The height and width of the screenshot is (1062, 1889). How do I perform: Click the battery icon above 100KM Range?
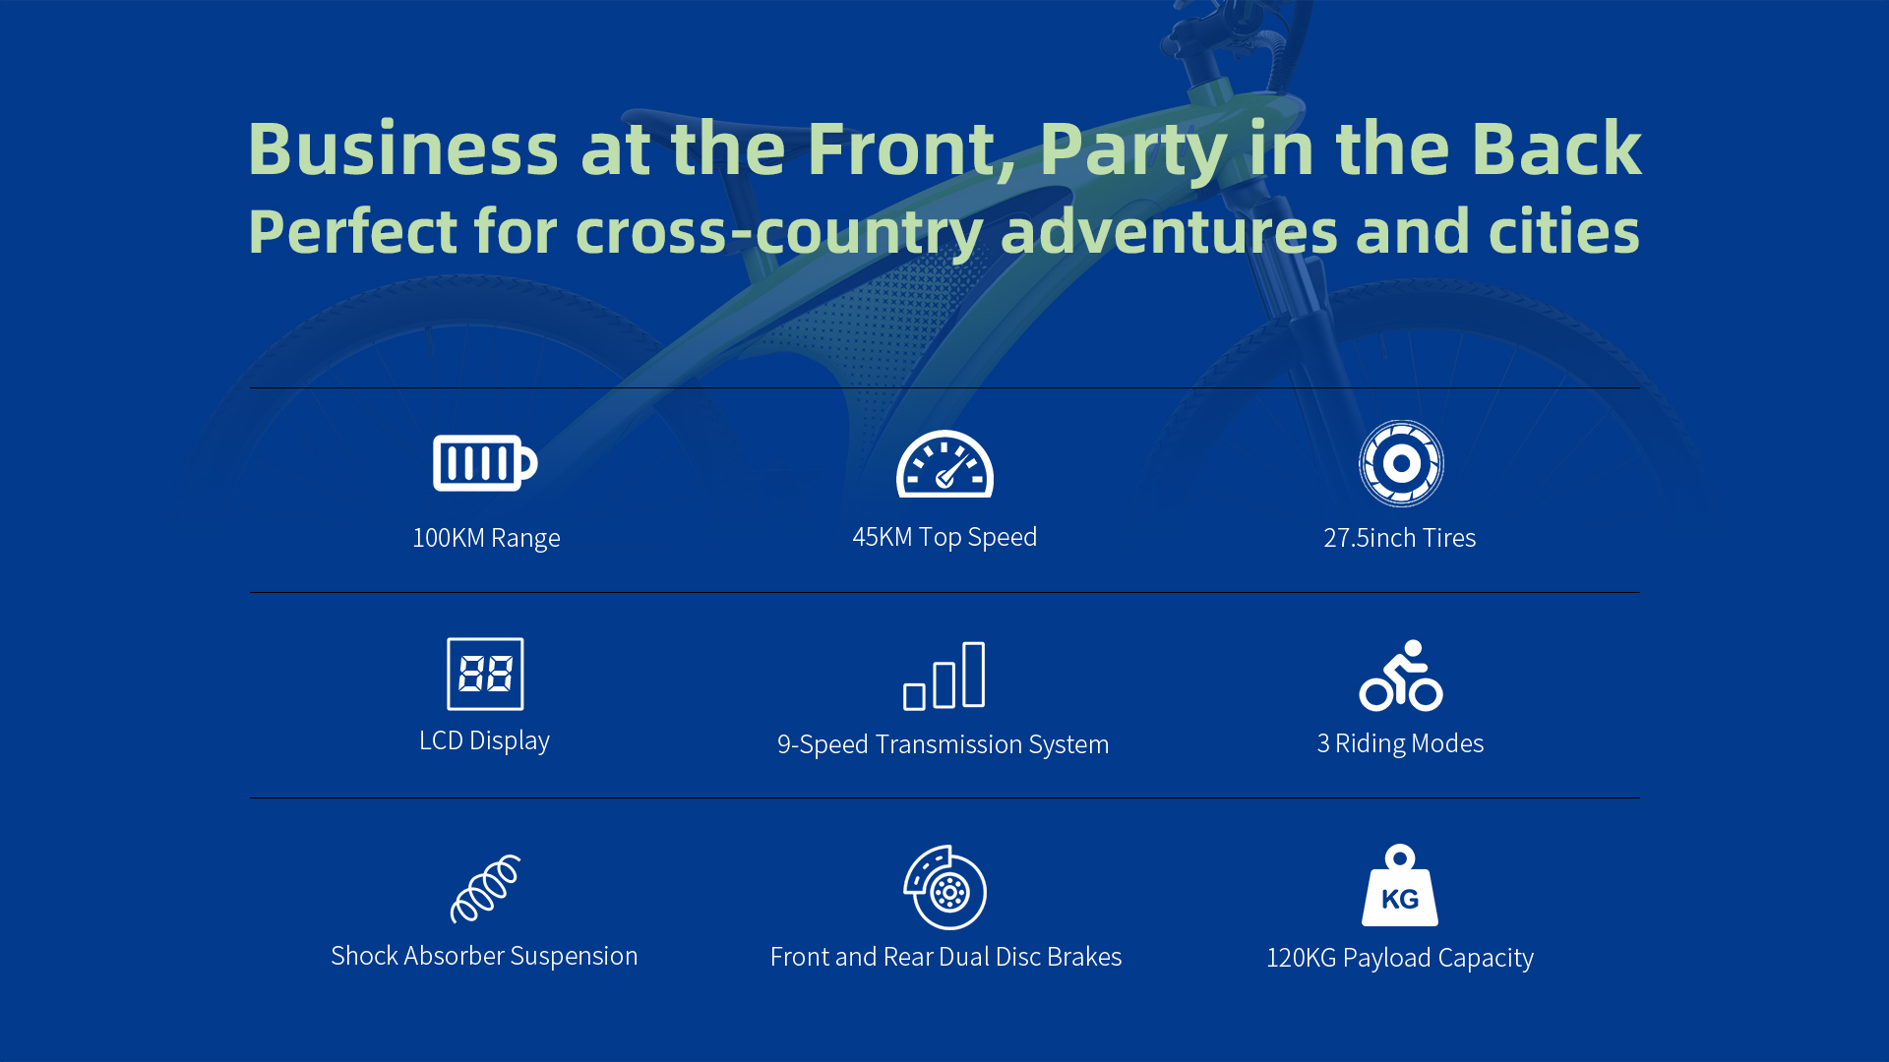[x=485, y=463]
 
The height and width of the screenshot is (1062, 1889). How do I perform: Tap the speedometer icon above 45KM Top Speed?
[x=944, y=463]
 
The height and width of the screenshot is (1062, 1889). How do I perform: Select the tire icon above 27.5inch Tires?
[x=1401, y=463]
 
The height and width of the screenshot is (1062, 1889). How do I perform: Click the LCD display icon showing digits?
[x=485, y=674]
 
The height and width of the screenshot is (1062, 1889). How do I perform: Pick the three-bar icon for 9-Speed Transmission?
[x=944, y=676]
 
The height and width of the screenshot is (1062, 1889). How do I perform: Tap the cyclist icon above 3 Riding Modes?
[x=1401, y=676]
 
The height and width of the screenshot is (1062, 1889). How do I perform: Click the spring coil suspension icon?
[x=485, y=889]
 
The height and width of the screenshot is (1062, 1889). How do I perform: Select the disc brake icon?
[x=945, y=887]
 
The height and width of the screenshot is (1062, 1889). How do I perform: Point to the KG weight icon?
[x=1400, y=885]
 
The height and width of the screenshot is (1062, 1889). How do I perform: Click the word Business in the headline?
[x=403, y=148]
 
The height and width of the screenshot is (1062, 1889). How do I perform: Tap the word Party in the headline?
[x=1133, y=149]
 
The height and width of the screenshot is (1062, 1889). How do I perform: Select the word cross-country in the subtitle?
[x=779, y=232]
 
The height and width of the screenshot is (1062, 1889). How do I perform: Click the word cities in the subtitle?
[x=1564, y=231]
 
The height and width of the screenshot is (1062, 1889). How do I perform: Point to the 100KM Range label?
[x=486, y=538]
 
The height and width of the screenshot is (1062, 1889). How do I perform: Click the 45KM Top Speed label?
[x=944, y=537]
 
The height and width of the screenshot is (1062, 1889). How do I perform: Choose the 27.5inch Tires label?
[x=1400, y=538]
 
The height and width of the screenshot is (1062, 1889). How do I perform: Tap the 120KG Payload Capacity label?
[x=1400, y=958]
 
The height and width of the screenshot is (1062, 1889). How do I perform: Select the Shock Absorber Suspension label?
[x=484, y=956]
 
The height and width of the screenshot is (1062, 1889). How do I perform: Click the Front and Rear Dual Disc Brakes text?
[x=945, y=957]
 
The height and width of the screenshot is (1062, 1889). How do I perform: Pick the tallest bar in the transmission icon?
[x=974, y=675]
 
